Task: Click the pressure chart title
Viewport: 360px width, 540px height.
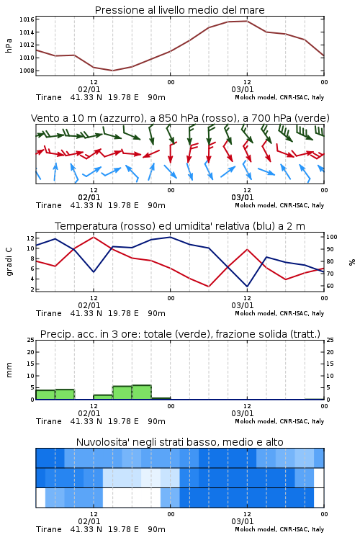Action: click(x=179, y=10)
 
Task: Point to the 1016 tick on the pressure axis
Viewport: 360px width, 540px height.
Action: click(x=27, y=19)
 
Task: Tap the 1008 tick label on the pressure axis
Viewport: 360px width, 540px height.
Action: click(x=27, y=71)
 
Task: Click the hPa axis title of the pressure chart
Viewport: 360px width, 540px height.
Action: click(x=9, y=45)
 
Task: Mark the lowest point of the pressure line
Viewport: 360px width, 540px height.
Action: click(x=112, y=71)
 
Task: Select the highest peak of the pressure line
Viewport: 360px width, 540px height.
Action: click(x=247, y=21)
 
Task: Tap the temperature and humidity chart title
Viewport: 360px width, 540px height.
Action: click(x=180, y=226)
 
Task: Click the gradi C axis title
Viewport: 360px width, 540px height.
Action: click(x=9, y=262)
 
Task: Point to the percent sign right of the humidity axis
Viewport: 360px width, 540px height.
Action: click(x=352, y=262)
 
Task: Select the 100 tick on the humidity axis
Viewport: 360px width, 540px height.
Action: click(x=332, y=237)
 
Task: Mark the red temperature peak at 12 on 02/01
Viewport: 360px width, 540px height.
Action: click(x=94, y=237)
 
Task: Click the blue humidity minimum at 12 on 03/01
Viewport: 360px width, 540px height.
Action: click(x=247, y=287)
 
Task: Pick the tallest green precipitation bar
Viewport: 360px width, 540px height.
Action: click(x=142, y=392)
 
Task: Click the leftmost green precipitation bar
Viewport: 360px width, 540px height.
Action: click(x=45, y=395)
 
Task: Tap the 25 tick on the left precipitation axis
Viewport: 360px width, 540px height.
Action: click(x=31, y=340)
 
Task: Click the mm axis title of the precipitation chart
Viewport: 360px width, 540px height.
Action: click(x=9, y=370)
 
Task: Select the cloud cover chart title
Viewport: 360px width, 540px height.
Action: click(x=180, y=442)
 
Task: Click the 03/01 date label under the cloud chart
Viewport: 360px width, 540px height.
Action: click(x=243, y=521)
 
